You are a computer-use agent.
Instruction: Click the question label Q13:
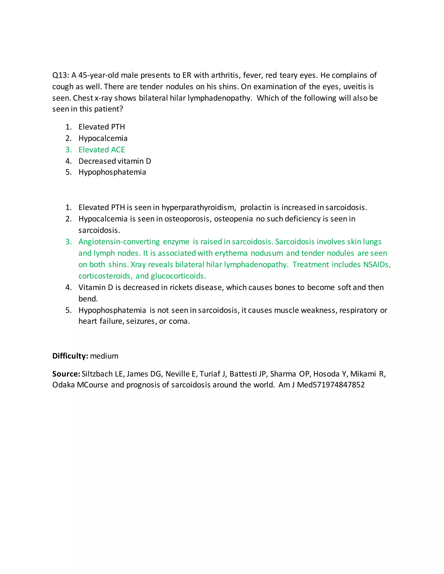60,75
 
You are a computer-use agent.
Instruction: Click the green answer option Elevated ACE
101,150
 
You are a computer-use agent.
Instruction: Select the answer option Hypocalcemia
103,138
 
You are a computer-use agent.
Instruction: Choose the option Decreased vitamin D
115,161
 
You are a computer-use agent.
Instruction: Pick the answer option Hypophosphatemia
112,172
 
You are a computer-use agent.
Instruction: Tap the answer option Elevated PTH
101,127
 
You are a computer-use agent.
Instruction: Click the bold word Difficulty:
70,356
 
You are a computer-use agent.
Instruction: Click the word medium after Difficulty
104,356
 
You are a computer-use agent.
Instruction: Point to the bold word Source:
66,374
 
